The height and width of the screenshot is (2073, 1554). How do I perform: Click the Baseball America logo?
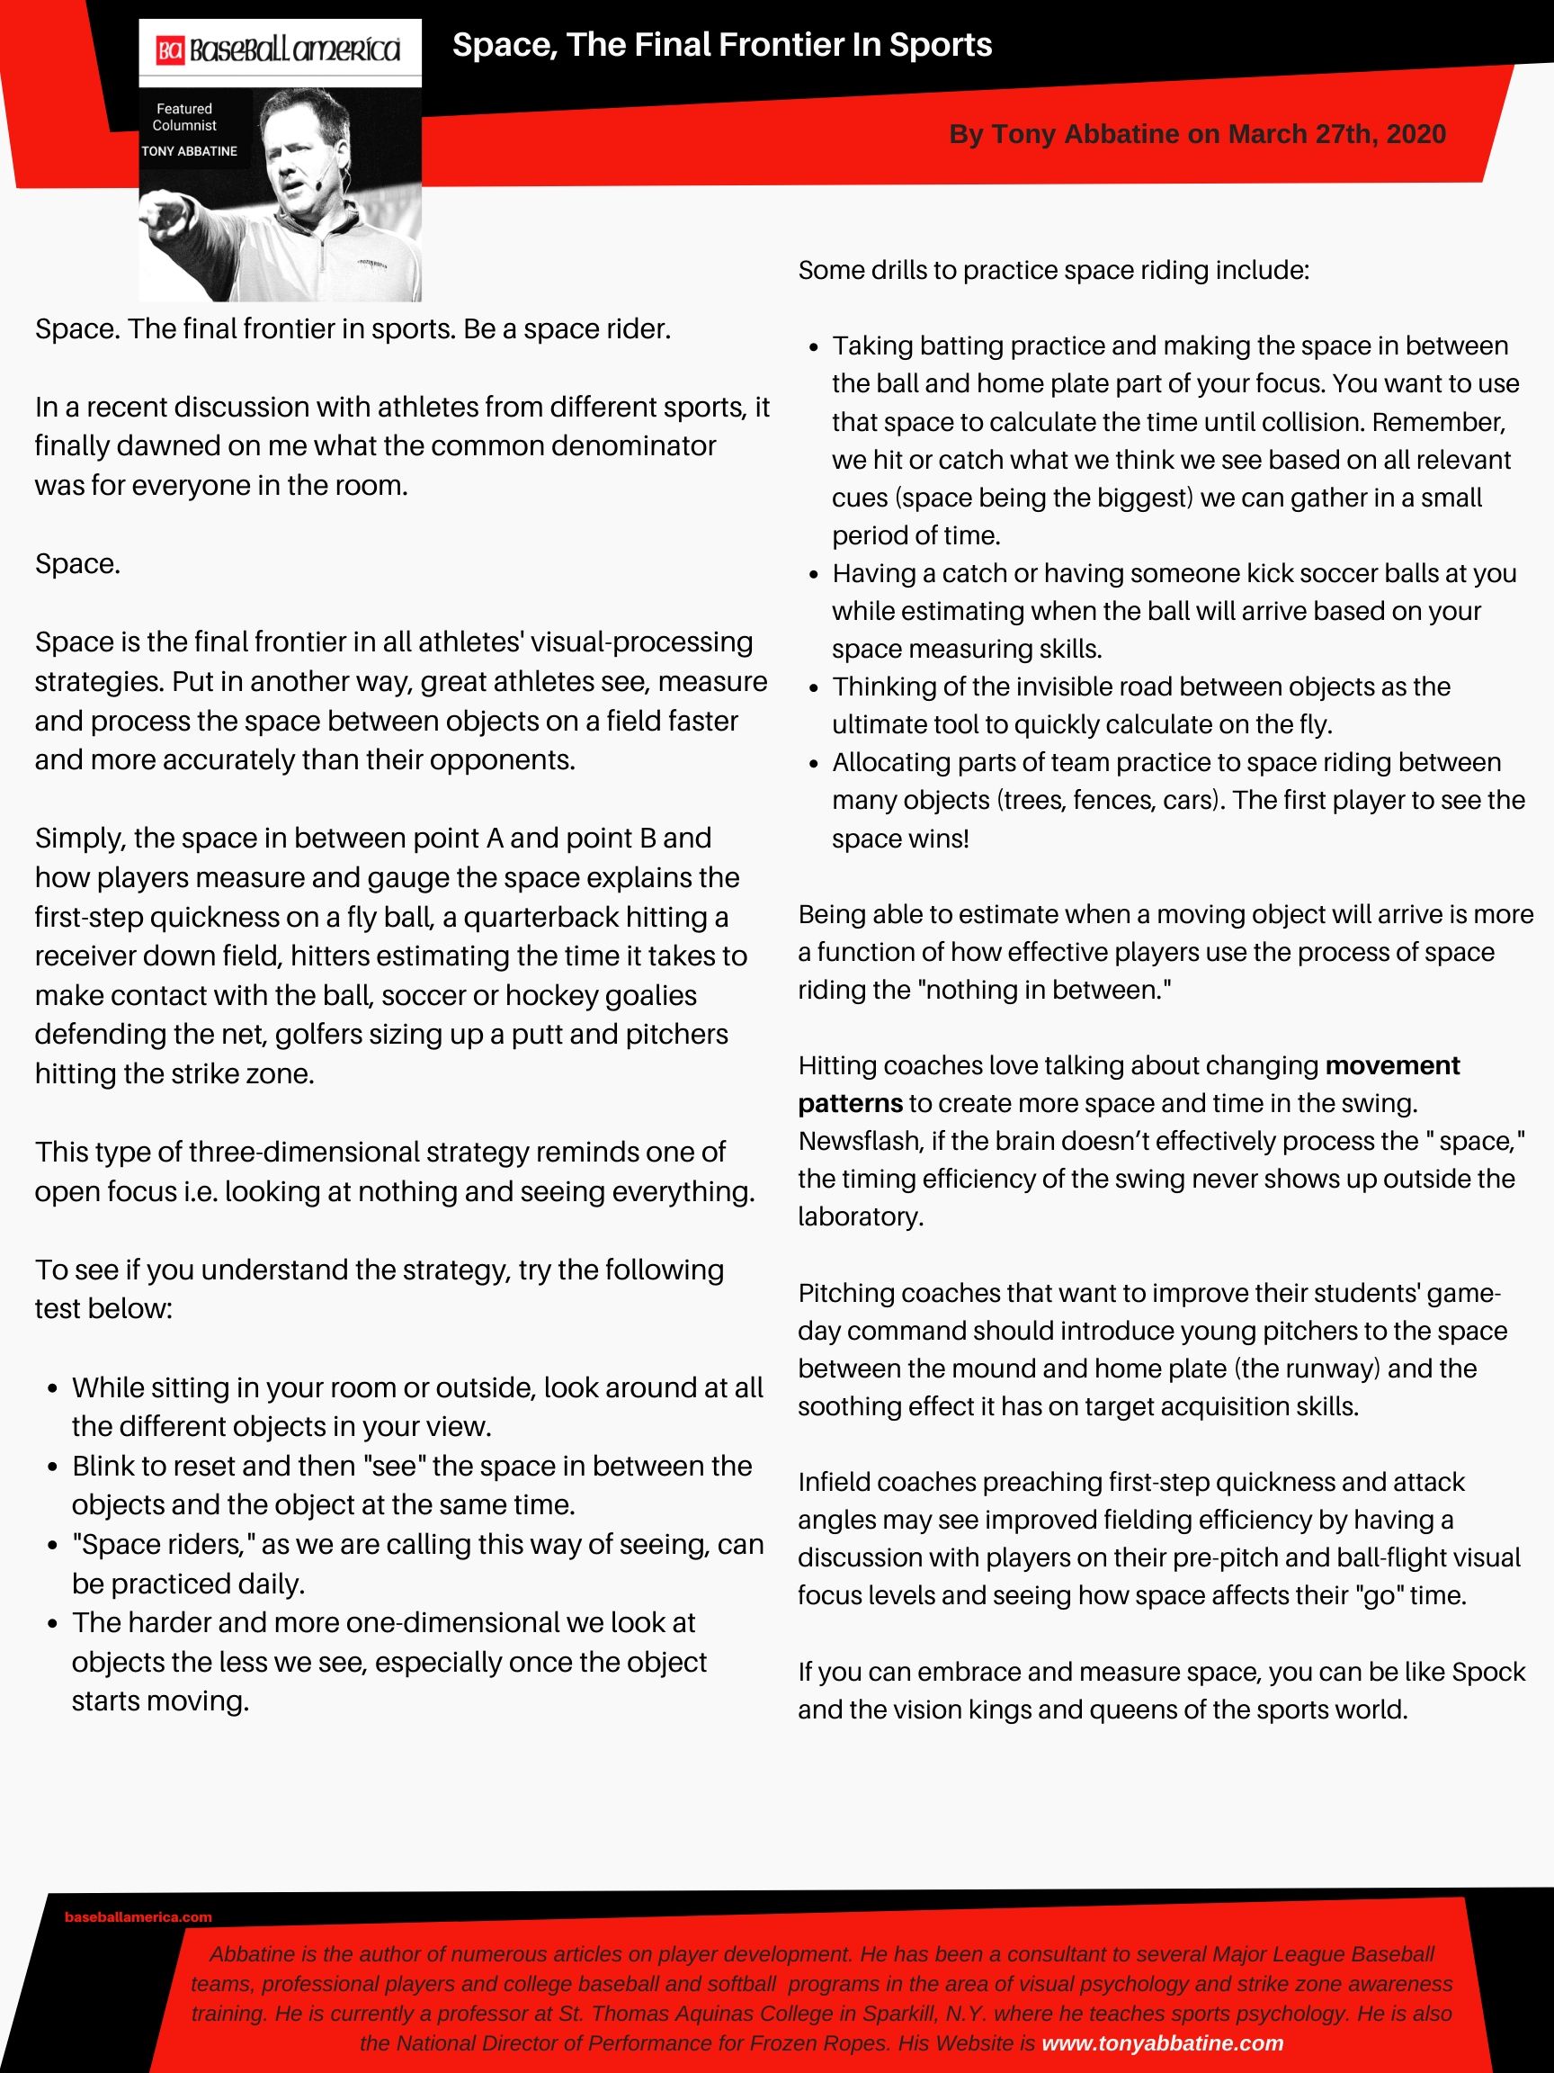(x=279, y=49)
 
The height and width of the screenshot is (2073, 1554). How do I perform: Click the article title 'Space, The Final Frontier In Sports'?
(x=721, y=45)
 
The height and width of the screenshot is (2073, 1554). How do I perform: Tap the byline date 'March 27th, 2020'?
(x=1336, y=134)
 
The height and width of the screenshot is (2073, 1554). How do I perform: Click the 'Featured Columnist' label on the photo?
(x=184, y=117)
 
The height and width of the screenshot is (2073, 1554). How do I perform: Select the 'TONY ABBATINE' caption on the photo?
(x=189, y=151)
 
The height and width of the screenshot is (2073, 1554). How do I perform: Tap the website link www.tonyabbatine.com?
(x=1162, y=2043)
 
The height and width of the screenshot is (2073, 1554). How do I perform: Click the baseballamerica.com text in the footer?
(x=138, y=1916)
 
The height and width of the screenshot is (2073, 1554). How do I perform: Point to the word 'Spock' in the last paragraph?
(x=1487, y=1672)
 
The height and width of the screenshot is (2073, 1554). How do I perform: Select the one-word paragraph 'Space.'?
(x=77, y=564)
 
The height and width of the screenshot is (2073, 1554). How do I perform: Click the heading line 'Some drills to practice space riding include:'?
(x=1053, y=271)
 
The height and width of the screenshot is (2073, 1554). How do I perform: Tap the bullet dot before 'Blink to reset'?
(x=53, y=1467)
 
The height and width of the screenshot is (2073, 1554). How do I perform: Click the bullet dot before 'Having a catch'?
(x=814, y=574)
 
